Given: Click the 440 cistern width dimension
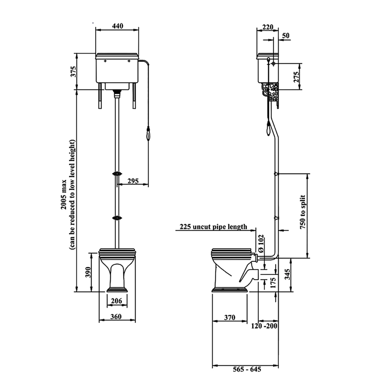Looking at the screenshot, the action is [118, 26].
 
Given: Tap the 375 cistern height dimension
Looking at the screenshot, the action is [74, 71].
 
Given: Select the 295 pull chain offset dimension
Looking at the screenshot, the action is [133, 181].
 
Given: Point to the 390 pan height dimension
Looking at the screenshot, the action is [88, 272].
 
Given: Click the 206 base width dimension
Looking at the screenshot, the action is [116, 301].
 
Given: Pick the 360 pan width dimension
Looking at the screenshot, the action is [116, 317].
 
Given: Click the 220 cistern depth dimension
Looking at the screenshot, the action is [268, 27].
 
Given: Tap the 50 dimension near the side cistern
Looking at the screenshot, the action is [286, 35].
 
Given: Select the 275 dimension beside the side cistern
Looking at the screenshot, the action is [296, 77].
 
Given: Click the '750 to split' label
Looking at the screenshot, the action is [302, 212].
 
